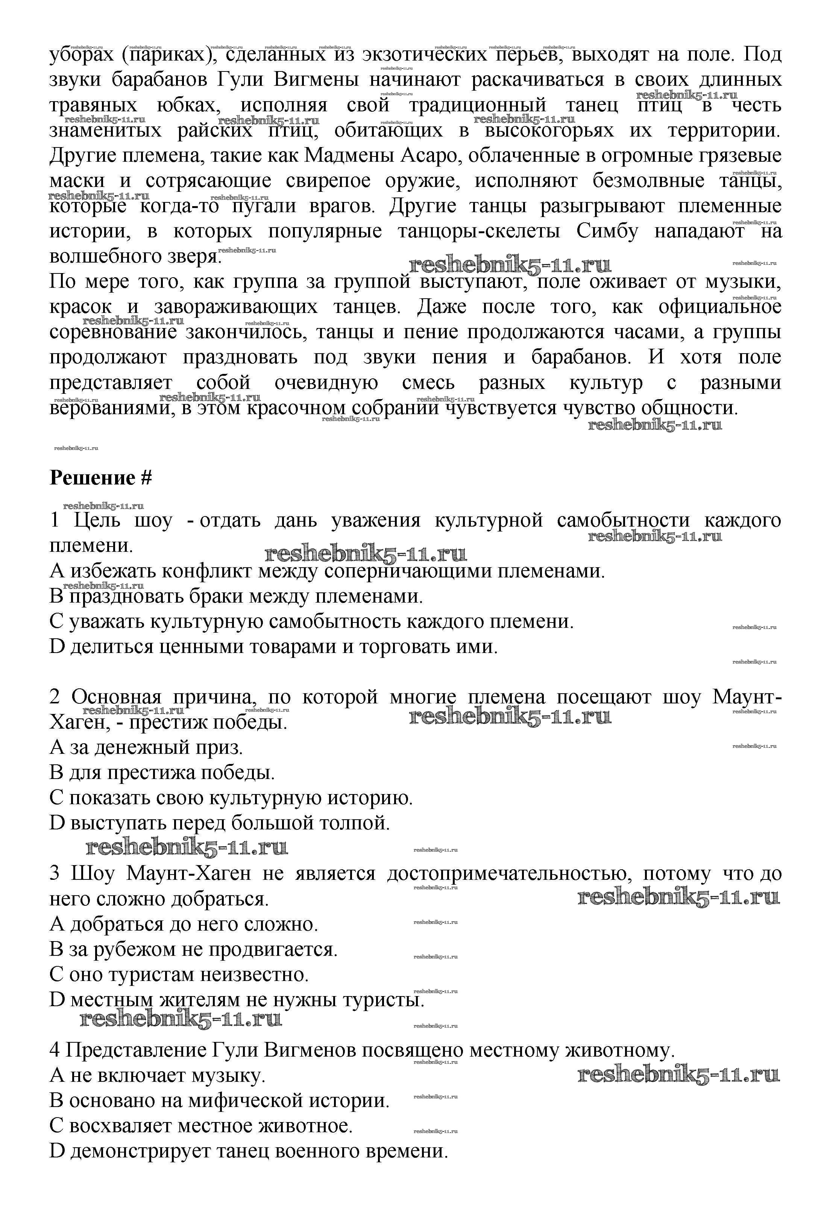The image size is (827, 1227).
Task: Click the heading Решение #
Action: (x=100, y=478)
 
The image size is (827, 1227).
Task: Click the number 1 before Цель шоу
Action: (x=55, y=521)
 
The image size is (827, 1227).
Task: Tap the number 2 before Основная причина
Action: (x=55, y=697)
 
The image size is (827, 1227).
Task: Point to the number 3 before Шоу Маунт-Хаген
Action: (x=55, y=873)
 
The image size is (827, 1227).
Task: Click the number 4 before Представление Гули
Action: (x=55, y=1050)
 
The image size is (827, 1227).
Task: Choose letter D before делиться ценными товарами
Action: (x=56, y=647)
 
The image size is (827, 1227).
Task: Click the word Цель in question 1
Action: (x=97, y=521)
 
